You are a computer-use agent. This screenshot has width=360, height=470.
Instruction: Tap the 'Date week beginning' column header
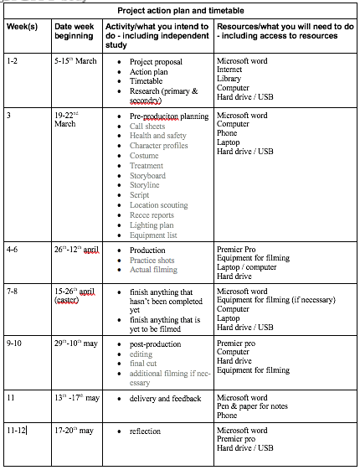pyautogui.click(x=75, y=33)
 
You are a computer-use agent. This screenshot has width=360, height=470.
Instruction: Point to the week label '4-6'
pyautogui.click(x=13, y=250)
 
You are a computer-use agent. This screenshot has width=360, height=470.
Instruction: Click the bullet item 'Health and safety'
pyautogui.click(x=158, y=136)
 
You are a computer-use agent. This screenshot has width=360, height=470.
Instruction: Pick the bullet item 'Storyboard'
pyautogui.click(x=147, y=176)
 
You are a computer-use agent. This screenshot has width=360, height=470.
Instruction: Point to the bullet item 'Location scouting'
pyautogui.click(x=158, y=205)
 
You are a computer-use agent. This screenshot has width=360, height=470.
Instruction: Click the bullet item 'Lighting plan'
pyautogui.click(x=152, y=225)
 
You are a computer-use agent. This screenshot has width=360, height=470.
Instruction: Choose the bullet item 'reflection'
pyautogui.click(x=146, y=431)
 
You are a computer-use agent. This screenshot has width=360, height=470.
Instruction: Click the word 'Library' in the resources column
pyautogui.click(x=229, y=80)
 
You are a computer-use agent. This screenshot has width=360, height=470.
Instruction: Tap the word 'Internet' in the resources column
pyautogui.click(x=231, y=71)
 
